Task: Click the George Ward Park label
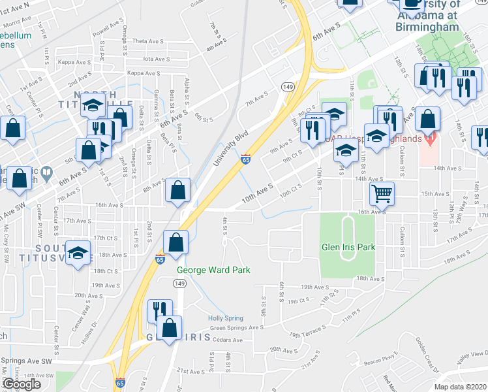213,270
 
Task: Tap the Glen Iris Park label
348,248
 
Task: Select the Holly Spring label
225,318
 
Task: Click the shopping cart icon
382,193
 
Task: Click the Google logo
22,384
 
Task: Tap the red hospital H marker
429,139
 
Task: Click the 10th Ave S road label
256,194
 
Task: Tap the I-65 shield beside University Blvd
245,159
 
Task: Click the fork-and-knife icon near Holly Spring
160,310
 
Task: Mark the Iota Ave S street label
157,59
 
